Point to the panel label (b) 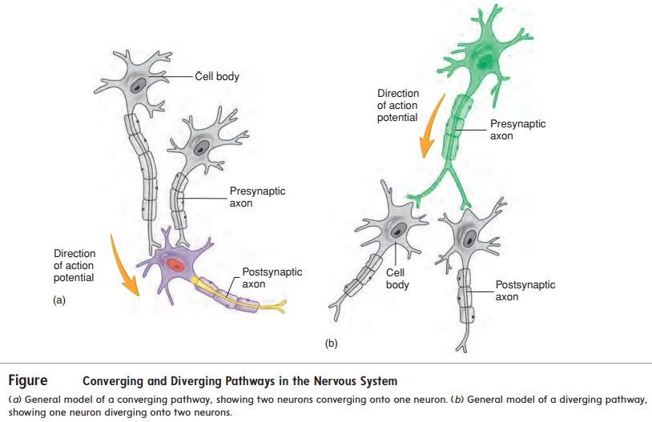(x=332, y=344)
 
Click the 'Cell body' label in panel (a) (x=216, y=77)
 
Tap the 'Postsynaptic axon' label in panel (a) (x=272, y=278)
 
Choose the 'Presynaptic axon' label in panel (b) (x=517, y=131)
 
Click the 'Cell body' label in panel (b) (x=397, y=278)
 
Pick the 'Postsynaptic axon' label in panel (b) (x=525, y=291)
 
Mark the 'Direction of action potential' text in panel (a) (x=74, y=266)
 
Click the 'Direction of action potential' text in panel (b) (x=398, y=106)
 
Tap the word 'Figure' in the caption (x=28, y=380)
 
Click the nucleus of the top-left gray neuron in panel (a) (x=140, y=84)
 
